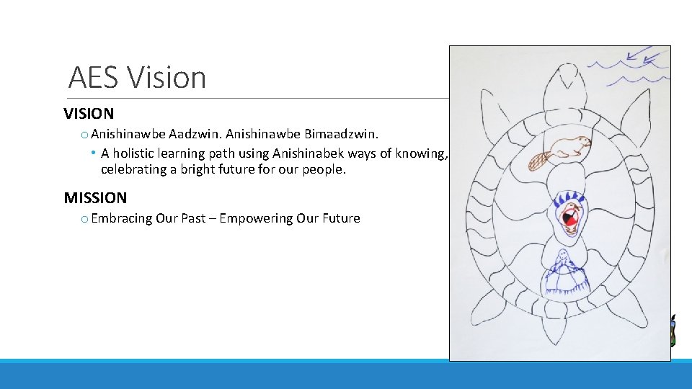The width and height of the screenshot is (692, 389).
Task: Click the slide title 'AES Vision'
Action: point(137,77)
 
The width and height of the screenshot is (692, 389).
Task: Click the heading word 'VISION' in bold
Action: point(89,114)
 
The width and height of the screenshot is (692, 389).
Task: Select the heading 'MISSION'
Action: point(95,197)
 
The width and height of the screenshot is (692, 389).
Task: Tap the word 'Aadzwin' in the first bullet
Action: point(194,134)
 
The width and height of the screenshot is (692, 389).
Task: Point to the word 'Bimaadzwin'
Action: point(345,134)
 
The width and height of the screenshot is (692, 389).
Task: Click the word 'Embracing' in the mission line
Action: point(121,218)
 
